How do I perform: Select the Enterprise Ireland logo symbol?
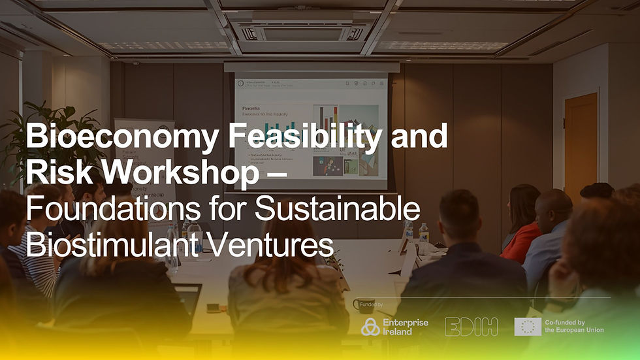pos(370,326)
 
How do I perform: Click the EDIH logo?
pos(471,326)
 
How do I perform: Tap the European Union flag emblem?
pos(527,326)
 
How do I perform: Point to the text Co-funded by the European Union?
pos(574,326)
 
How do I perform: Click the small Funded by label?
pos(372,304)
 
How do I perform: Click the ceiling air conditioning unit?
pos(302,31)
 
